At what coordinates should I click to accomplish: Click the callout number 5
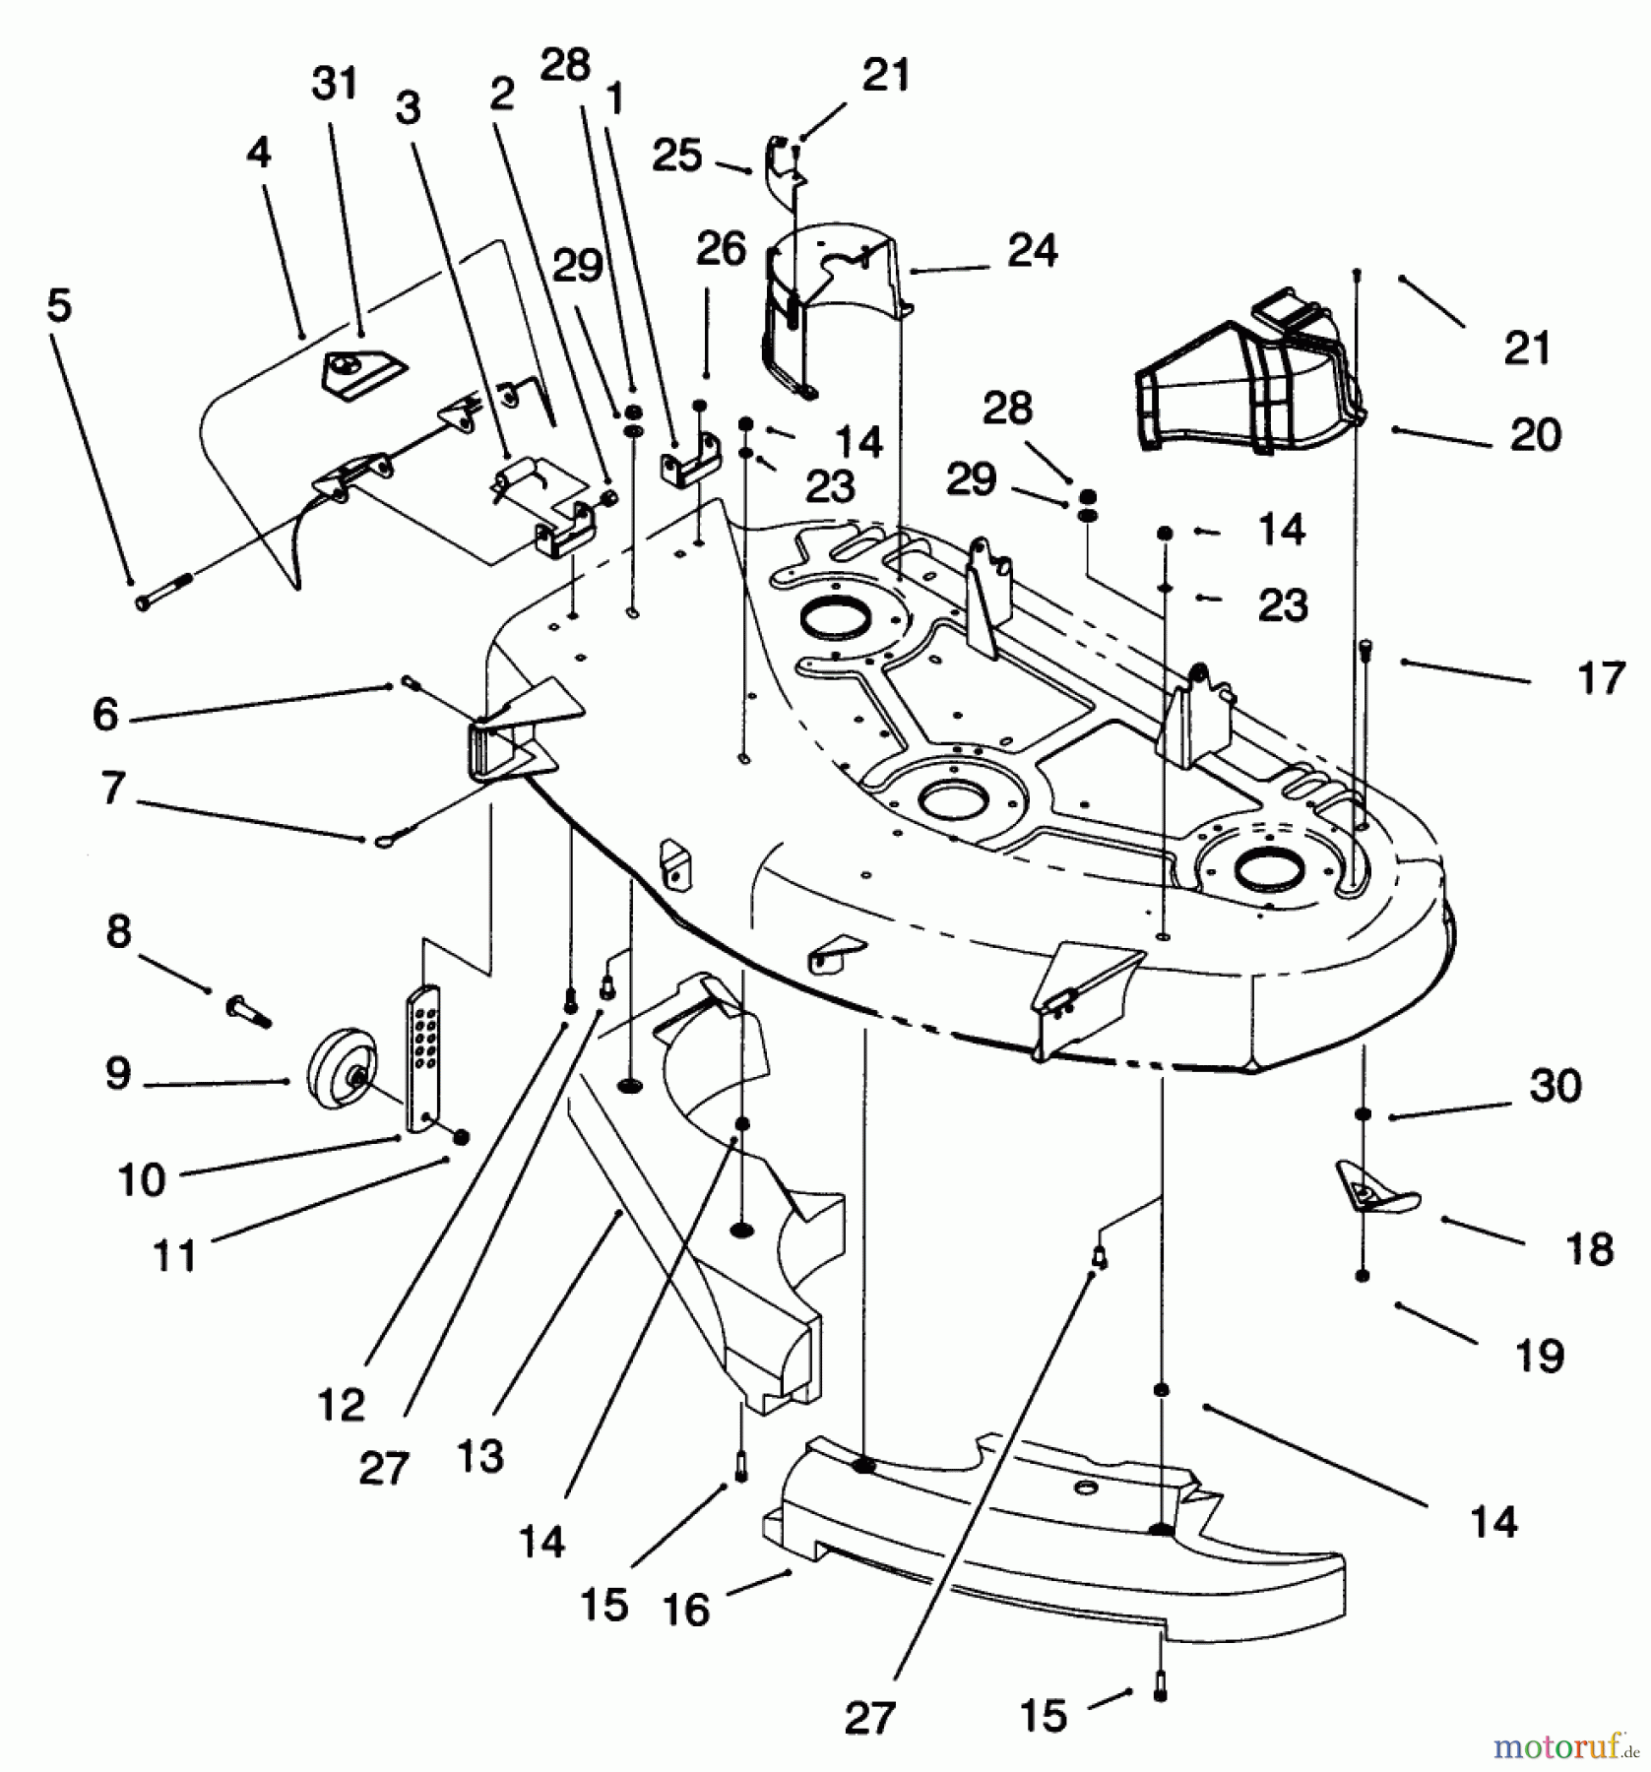(x=59, y=305)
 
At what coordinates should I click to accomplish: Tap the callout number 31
(x=335, y=84)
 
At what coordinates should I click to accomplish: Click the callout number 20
(x=1535, y=434)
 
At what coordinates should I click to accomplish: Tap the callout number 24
(x=1032, y=251)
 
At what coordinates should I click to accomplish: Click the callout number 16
(x=686, y=1610)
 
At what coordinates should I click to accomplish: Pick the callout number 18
(x=1589, y=1249)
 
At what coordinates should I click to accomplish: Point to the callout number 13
(x=480, y=1456)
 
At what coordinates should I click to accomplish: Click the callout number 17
(x=1600, y=679)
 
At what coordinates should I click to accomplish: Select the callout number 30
(x=1556, y=1086)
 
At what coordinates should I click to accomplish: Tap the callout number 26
(x=721, y=249)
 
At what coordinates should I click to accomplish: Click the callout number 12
(x=342, y=1405)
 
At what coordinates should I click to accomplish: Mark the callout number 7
(x=113, y=789)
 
